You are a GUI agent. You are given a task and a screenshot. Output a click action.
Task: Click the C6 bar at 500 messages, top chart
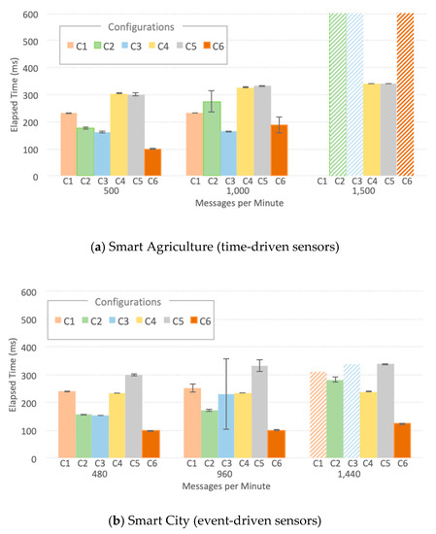click(x=152, y=162)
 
